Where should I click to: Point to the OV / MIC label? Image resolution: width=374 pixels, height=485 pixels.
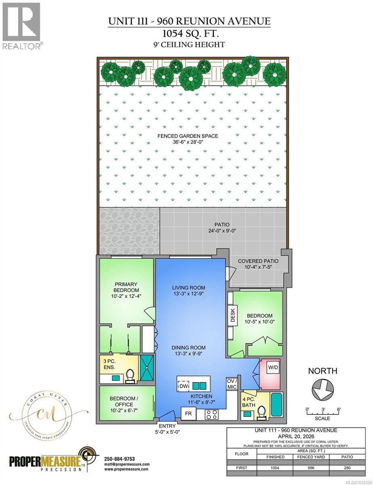pyautogui.click(x=232, y=384)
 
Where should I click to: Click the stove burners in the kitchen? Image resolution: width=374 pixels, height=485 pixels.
pyautogui.click(x=212, y=414)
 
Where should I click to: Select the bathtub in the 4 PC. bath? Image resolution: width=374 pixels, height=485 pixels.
pyautogui.click(x=277, y=404)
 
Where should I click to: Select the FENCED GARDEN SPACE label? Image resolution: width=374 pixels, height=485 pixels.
pyautogui.click(x=188, y=139)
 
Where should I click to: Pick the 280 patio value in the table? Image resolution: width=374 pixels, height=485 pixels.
pyautogui.click(x=347, y=468)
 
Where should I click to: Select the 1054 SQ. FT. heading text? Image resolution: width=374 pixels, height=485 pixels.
pyautogui.click(x=187, y=33)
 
